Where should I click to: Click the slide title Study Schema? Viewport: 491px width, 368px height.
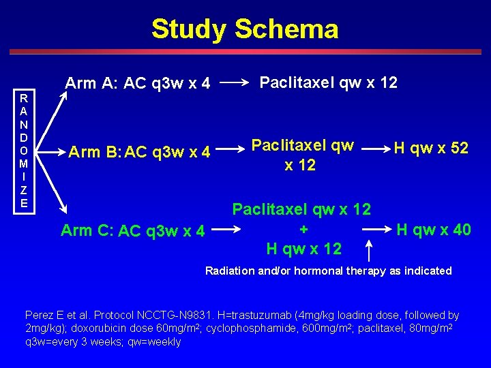(245, 29)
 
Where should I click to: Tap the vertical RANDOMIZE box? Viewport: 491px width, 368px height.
(24, 151)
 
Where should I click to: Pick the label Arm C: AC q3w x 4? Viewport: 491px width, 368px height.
(132, 230)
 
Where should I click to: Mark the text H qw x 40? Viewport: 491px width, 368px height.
(434, 230)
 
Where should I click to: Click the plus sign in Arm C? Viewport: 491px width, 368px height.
(303, 229)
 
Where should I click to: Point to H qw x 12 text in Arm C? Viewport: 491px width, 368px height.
(303, 249)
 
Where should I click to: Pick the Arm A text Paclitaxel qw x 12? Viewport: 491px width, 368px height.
(328, 82)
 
